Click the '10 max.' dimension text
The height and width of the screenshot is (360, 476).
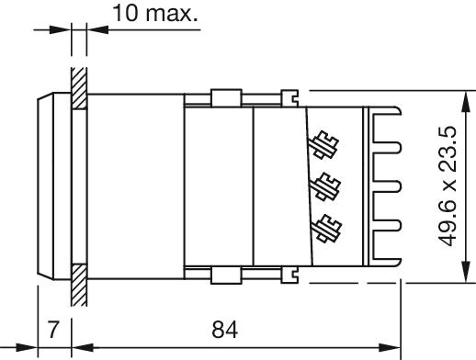click(x=155, y=13)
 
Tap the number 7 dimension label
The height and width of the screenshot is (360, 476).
click(x=53, y=330)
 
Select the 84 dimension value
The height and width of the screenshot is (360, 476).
click(x=224, y=330)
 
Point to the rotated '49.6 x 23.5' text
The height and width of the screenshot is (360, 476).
click(x=448, y=186)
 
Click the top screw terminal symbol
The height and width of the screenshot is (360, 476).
click(x=323, y=145)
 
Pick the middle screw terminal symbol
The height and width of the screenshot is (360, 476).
click(x=325, y=186)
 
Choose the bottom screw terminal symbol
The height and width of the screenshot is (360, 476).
click(x=327, y=229)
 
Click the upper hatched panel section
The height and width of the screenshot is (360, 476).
click(x=79, y=88)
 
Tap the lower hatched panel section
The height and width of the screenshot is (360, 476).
click(x=79, y=285)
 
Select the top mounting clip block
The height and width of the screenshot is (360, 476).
click(x=226, y=98)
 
